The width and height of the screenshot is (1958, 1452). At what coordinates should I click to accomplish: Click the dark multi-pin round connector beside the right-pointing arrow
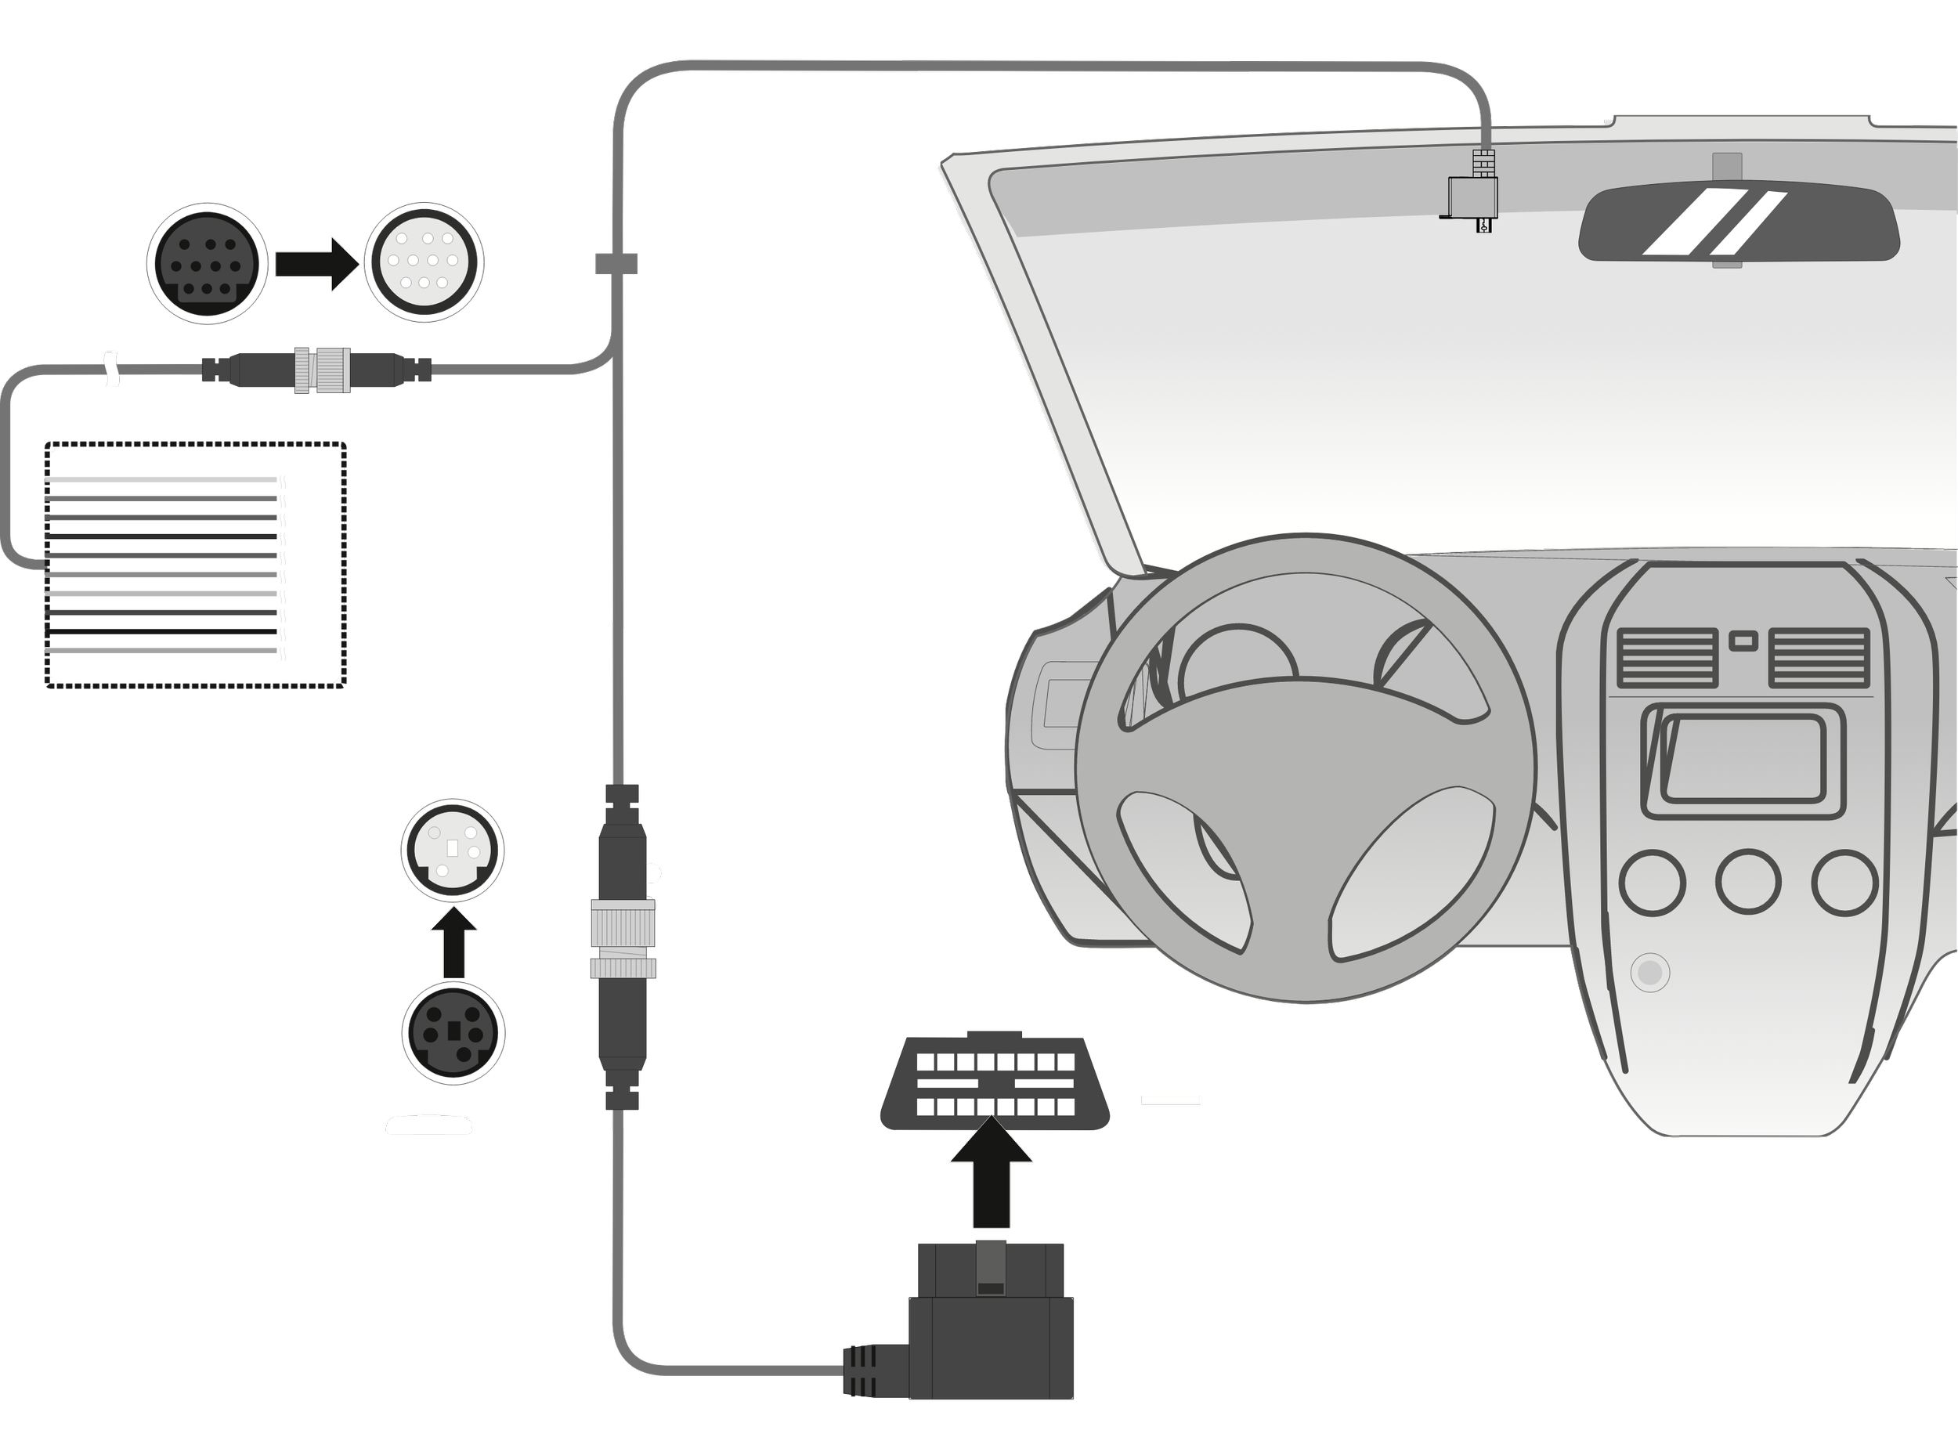[x=207, y=264]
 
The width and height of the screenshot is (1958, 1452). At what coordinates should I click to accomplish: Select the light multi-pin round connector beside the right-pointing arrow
[x=424, y=261]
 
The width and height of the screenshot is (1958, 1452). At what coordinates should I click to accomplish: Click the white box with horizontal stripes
[x=194, y=565]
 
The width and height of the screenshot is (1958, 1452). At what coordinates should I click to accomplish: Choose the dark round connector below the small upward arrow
[x=453, y=1033]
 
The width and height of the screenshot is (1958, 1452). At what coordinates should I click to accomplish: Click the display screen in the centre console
[x=1743, y=757]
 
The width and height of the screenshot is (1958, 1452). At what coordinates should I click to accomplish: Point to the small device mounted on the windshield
[x=1471, y=200]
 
